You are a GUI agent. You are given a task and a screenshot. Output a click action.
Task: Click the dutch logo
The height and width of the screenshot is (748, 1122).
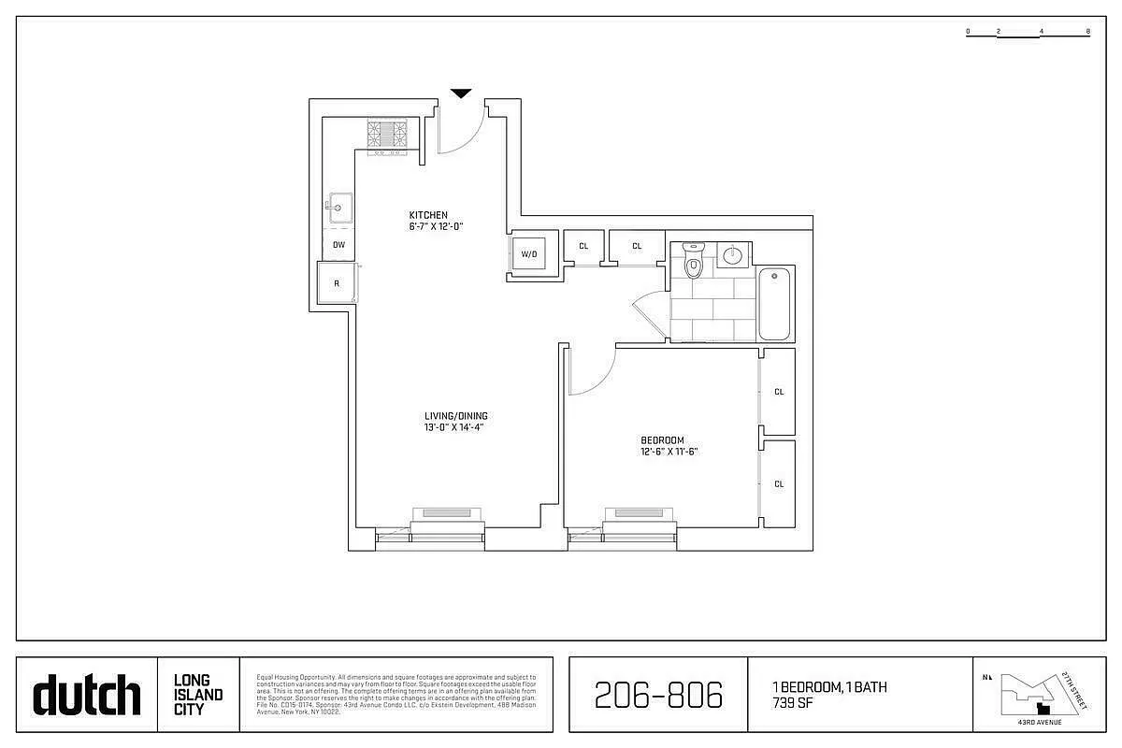point(87,696)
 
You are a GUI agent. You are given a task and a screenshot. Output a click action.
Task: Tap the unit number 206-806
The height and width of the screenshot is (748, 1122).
point(658,695)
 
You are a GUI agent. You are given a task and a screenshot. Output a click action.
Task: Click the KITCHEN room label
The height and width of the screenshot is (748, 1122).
point(428,215)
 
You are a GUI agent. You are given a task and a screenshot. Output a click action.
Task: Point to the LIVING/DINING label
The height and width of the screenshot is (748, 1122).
point(455,416)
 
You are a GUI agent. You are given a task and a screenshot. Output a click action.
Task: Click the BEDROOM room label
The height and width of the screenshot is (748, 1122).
point(662,440)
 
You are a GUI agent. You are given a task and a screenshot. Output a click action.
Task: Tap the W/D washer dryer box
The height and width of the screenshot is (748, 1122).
point(529,253)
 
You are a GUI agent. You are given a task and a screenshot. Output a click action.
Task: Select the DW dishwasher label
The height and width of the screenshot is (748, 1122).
point(338,245)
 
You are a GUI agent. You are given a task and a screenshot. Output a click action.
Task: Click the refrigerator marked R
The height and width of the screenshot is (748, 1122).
point(337,282)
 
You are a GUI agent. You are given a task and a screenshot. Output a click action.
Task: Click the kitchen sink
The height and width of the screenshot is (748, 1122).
point(338,206)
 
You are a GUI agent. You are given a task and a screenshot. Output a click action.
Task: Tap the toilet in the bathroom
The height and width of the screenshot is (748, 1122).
point(693,263)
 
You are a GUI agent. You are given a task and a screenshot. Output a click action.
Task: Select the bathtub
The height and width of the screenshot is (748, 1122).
point(775,304)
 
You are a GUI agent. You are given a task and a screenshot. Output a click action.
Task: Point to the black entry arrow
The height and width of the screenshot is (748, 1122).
point(461,93)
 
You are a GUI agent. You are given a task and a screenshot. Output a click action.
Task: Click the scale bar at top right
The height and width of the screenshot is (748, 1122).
point(1028,33)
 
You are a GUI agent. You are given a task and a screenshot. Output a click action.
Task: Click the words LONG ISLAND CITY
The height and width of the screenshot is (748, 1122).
point(198,695)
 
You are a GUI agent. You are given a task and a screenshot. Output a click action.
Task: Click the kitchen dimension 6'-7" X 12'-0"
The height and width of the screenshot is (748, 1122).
point(436,226)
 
